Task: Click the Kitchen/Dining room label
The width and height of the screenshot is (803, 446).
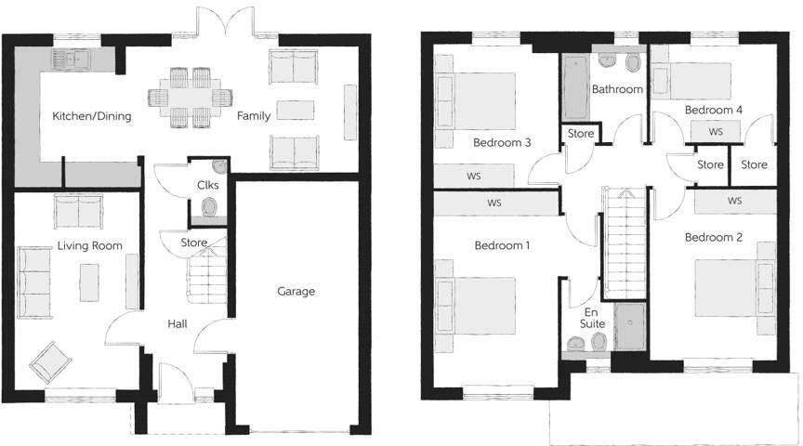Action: click(x=91, y=116)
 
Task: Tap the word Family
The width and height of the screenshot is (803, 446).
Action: click(x=253, y=116)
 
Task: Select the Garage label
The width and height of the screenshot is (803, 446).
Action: click(x=296, y=291)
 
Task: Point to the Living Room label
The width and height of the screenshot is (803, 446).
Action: click(x=89, y=245)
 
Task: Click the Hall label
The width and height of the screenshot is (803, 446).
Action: click(x=178, y=324)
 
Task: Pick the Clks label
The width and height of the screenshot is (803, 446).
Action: click(x=208, y=184)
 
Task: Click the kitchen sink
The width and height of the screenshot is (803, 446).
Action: click(x=70, y=60)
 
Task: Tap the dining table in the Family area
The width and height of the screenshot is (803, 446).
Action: click(x=192, y=95)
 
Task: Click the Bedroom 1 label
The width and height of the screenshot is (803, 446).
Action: click(x=502, y=246)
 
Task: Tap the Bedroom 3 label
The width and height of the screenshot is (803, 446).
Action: click(x=502, y=142)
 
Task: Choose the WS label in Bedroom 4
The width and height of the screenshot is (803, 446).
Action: click(x=715, y=132)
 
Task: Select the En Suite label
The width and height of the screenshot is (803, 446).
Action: click(x=594, y=317)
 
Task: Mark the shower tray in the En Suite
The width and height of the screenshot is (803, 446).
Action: click(x=629, y=327)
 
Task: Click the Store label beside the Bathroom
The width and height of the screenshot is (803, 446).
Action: click(x=581, y=134)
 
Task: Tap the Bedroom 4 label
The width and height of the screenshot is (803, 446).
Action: click(x=714, y=110)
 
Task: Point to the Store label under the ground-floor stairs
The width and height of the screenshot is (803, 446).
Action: click(x=193, y=243)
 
